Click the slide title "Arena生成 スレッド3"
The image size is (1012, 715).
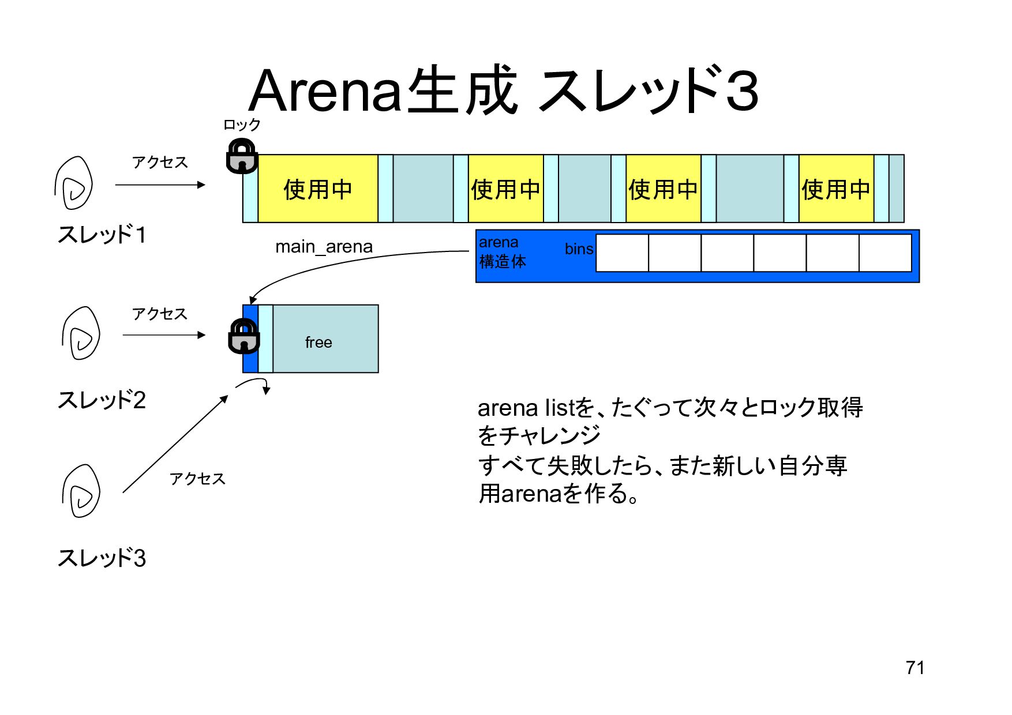point(504,91)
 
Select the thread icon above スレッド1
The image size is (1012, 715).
point(74,183)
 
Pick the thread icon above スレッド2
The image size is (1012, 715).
point(81,334)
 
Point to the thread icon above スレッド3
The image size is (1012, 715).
point(81,491)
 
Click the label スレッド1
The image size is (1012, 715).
point(102,235)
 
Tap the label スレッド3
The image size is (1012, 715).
point(102,558)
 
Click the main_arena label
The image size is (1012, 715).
point(324,247)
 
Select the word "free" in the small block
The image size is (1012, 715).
point(318,343)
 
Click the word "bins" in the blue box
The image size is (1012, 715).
point(579,249)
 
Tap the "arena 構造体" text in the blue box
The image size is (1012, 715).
point(502,252)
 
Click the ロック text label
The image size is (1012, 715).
point(242,125)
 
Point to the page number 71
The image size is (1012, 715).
point(915,668)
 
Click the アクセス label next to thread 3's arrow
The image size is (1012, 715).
point(197,479)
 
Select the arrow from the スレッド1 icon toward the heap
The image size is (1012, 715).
point(160,185)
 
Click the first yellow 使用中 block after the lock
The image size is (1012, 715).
point(317,189)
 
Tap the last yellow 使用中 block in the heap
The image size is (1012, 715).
point(835,189)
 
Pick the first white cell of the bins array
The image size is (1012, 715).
point(622,253)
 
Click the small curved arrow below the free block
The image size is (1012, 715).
point(255,383)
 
